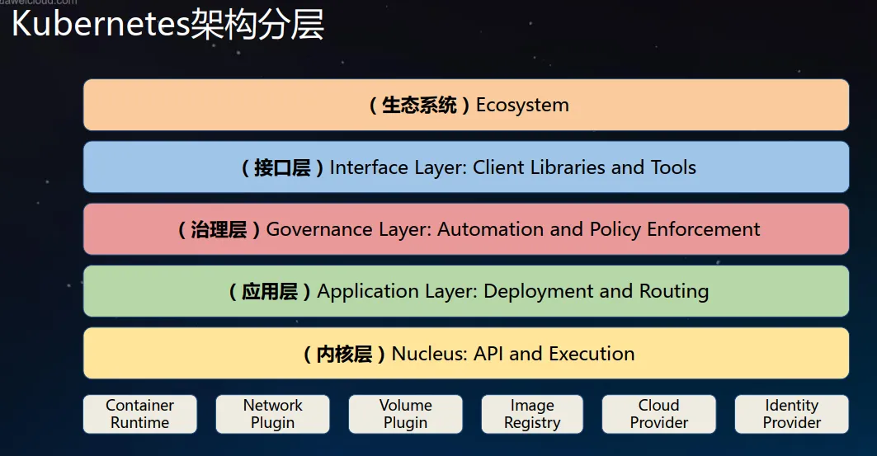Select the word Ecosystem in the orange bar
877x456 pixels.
(x=522, y=105)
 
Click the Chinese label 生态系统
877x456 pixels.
(x=419, y=105)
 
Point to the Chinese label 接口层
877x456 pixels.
(x=282, y=167)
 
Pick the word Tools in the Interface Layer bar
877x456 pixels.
(x=673, y=167)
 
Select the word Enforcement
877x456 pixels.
(x=704, y=229)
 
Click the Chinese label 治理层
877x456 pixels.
(x=218, y=230)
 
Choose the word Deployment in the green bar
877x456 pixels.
(x=538, y=292)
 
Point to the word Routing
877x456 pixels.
(x=674, y=292)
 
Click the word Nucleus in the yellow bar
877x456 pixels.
(x=429, y=354)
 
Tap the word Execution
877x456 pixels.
(x=592, y=354)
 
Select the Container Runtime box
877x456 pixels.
(x=139, y=414)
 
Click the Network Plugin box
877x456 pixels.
(x=272, y=414)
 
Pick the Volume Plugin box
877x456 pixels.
(x=406, y=414)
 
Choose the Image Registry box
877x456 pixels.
(x=532, y=414)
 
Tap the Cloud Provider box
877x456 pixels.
(x=659, y=414)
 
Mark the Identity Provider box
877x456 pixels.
(x=791, y=414)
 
